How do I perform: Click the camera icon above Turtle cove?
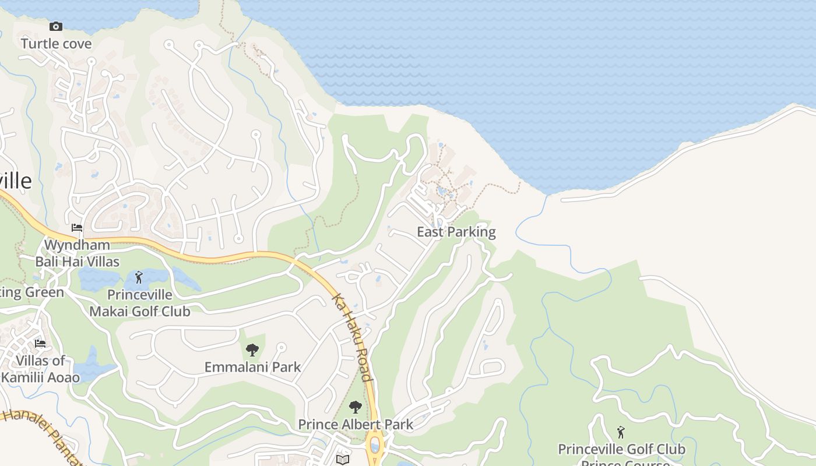coord(56,26)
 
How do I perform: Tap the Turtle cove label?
coord(57,44)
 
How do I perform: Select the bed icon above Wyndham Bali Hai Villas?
coord(77,227)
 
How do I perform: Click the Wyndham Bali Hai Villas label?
coord(78,253)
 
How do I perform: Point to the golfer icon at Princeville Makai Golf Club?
coord(139,277)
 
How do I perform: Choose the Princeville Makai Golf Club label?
coord(140,303)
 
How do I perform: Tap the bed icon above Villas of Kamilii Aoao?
coord(40,343)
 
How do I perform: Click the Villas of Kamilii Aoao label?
coord(40,369)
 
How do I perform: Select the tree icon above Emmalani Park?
coord(252,350)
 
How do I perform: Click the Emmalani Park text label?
coord(252,367)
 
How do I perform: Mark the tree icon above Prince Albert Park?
coord(355,407)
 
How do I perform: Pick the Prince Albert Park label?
coord(356,424)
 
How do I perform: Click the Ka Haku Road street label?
coord(351,337)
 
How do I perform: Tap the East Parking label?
coord(456,232)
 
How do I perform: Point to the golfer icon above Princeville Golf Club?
coord(621,432)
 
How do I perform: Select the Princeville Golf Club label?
coord(621,449)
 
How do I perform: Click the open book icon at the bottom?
coord(343,460)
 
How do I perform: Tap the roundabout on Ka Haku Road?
coord(375,446)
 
